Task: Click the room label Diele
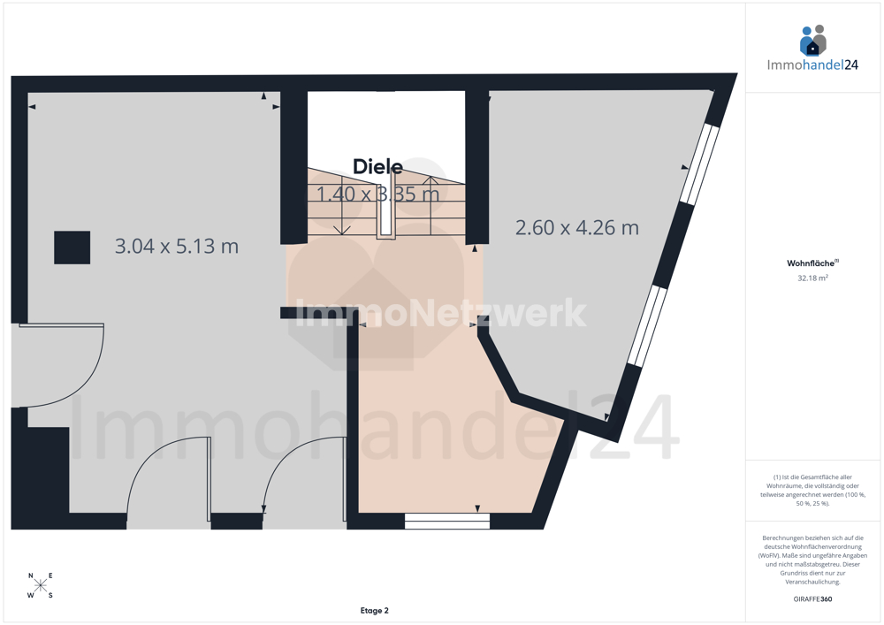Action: pos(377,167)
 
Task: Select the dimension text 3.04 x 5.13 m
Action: pos(177,247)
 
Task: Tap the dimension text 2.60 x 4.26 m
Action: pos(577,228)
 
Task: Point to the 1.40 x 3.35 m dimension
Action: pos(377,194)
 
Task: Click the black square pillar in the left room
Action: pos(72,248)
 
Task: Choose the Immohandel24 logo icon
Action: pos(813,40)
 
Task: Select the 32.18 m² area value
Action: pos(812,278)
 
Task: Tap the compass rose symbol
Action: pos(41,585)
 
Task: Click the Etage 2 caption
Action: pos(374,610)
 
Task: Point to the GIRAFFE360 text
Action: pos(812,599)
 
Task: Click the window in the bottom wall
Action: pos(447,522)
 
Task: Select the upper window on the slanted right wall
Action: pos(699,164)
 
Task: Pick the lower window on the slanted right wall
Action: pos(648,326)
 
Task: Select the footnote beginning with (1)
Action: pos(812,491)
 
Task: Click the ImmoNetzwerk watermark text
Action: pos(441,313)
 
